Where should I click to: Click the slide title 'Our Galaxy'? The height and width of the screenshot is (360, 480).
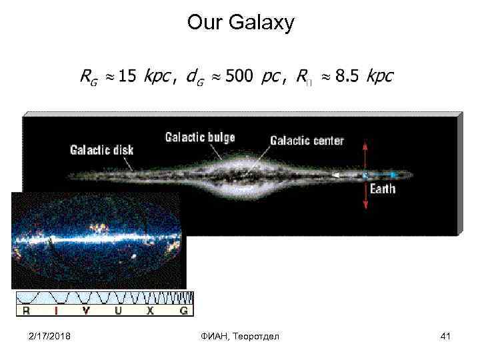click(x=240, y=23)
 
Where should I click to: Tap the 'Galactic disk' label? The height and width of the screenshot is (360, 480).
click(x=101, y=149)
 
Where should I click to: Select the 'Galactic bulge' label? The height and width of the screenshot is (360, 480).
click(x=200, y=138)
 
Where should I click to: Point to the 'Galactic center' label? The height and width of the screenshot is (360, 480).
click(x=307, y=141)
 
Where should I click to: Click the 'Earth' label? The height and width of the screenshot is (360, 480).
click(x=383, y=189)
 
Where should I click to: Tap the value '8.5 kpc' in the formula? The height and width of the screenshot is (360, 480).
click(x=364, y=76)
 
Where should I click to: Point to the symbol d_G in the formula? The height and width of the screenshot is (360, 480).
click(x=195, y=77)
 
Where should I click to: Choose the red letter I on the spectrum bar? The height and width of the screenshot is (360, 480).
click(x=56, y=311)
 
